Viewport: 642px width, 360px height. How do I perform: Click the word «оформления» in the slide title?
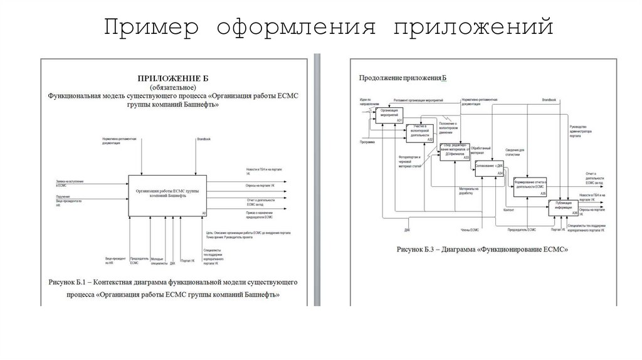click(296, 28)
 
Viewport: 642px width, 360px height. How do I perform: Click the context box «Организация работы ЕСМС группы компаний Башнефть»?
click(167, 195)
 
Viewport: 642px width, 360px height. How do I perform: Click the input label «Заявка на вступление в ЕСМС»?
click(70, 183)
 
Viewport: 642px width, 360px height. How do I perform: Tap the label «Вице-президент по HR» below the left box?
click(113, 260)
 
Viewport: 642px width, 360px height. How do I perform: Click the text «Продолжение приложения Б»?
click(402, 78)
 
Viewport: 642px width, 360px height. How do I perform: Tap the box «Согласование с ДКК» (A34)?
click(490, 167)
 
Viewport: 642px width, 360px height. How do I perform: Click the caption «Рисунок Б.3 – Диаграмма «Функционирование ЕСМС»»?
click(482, 250)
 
